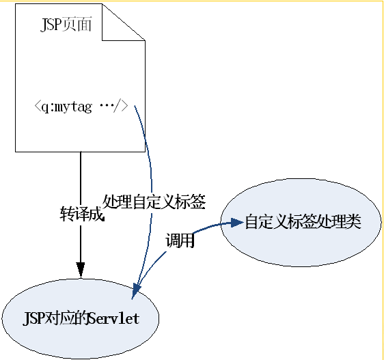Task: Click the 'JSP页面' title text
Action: click(66, 24)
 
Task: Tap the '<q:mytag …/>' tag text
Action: click(81, 107)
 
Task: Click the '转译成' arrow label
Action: click(82, 214)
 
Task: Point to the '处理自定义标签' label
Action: click(154, 202)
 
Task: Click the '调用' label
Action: click(180, 240)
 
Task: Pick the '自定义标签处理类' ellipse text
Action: click(303, 221)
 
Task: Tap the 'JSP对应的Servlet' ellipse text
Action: click(81, 318)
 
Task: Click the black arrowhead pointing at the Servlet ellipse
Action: click(81, 270)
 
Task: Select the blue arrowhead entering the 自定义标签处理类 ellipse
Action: click(236, 223)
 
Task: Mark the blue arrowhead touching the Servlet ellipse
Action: click(136, 292)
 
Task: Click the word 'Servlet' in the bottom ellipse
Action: click(114, 318)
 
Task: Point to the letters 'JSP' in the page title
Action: click(51, 25)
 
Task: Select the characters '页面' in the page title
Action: click(77, 24)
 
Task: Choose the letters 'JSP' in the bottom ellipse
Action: click(33, 318)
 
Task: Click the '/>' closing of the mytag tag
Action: click(121, 107)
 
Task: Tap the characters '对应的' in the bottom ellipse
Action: click(66, 318)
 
